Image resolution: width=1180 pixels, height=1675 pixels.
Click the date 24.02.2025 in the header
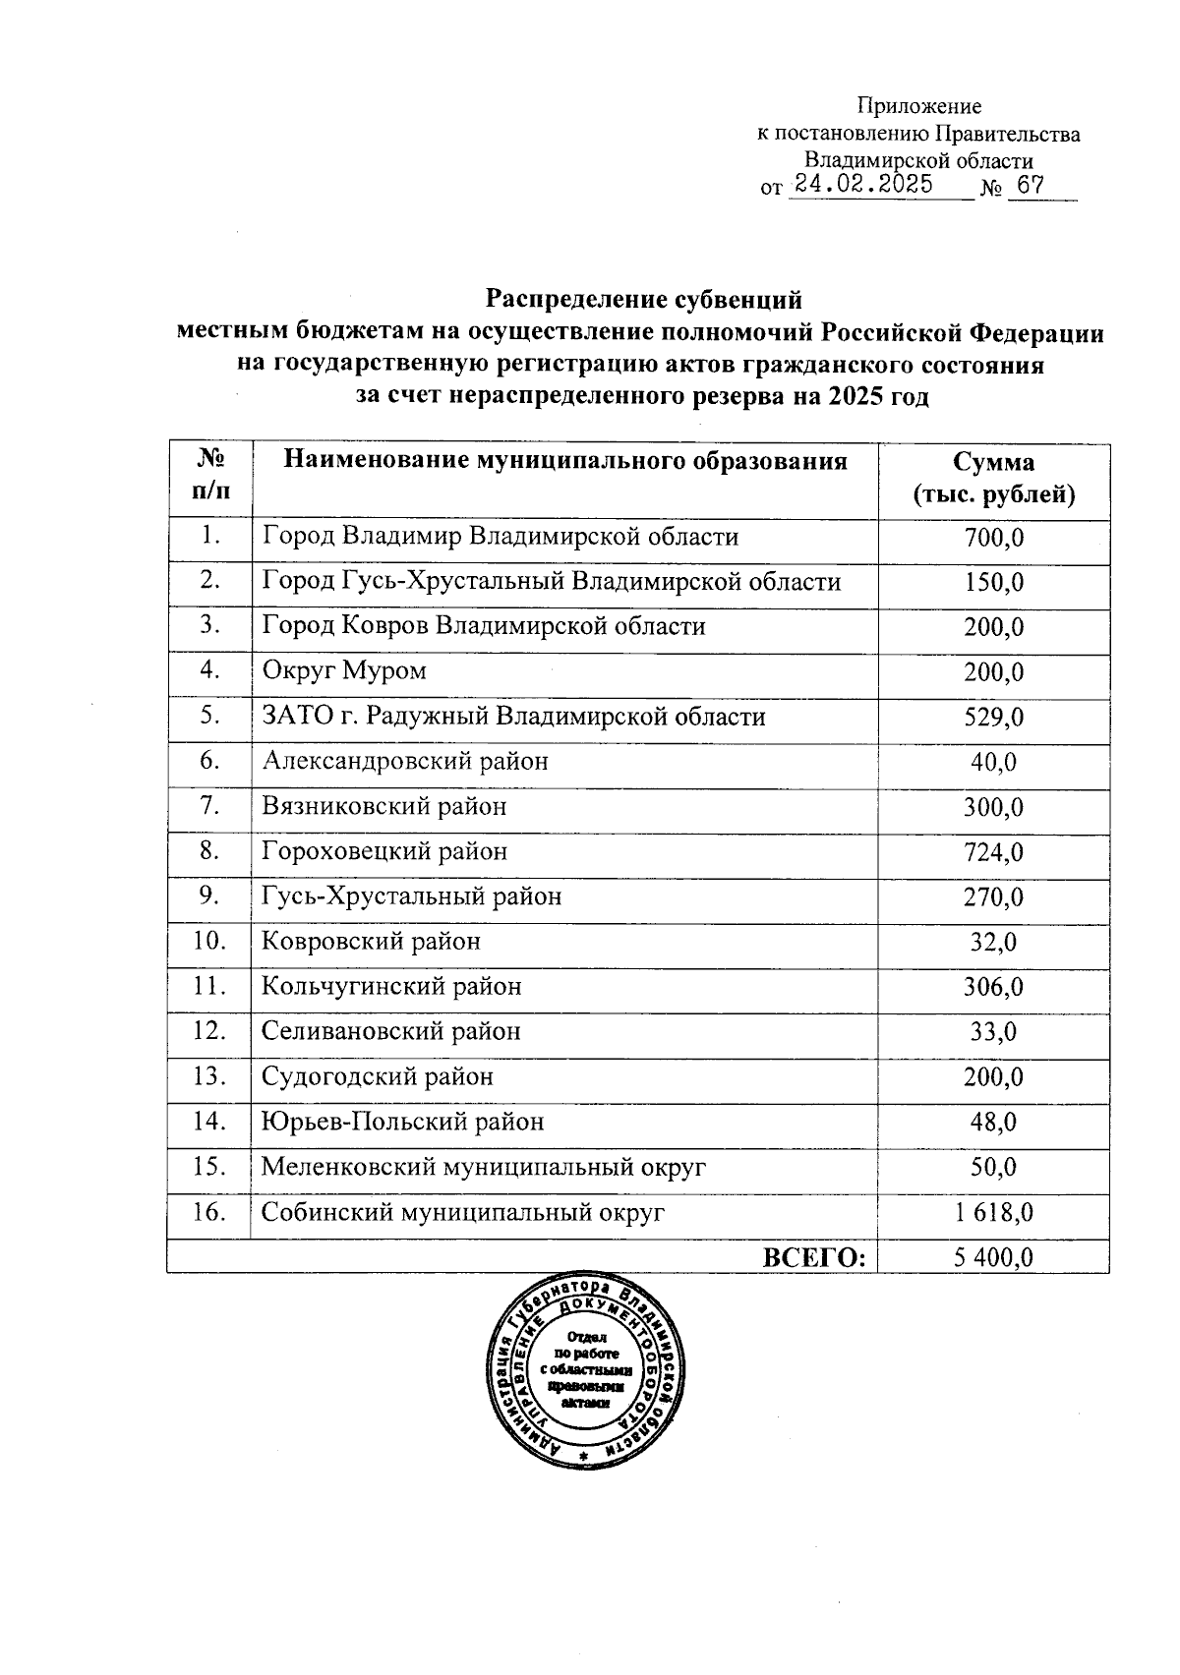click(864, 184)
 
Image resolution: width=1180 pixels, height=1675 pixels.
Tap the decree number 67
click(1030, 185)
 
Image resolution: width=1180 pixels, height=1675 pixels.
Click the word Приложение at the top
click(918, 106)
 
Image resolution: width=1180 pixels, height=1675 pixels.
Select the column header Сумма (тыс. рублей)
click(993, 479)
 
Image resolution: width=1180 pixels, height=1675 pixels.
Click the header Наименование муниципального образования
click(565, 462)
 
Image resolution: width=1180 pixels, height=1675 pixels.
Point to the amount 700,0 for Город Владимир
click(993, 538)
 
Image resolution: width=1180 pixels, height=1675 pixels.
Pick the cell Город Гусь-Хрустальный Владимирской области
click(551, 582)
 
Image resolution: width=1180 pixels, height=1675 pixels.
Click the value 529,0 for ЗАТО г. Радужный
click(993, 718)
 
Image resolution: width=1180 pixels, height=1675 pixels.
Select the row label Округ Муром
click(344, 672)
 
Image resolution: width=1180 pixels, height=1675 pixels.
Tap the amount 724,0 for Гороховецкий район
click(993, 852)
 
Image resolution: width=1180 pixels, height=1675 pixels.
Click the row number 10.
click(209, 942)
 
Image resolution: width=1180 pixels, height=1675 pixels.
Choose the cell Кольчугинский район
click(391, 987)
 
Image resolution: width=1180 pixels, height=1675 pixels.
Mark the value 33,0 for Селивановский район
click(993, 1032)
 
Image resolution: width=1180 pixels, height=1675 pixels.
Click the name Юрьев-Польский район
click(402, 1123)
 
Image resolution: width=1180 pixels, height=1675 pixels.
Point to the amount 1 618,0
click(993, 1213)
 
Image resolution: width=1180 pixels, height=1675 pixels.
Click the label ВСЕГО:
click(814, 1257)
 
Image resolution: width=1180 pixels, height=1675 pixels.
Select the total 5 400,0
click(993, 1257)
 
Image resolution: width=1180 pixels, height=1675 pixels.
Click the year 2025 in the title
click(855, 397)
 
